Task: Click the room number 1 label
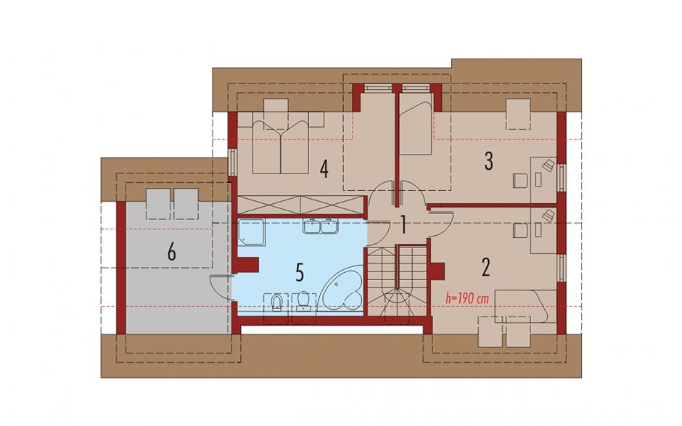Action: coord(403,226)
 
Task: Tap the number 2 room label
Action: coord(486,267)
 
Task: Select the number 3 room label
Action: coord(489,161)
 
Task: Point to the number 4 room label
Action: coord(324,169)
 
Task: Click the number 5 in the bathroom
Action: coord(299,272)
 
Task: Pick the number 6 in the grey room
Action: coord(172,252)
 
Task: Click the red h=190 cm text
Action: coord(467,299)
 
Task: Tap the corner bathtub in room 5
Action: coord(341,289)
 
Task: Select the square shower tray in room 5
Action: coord(252,232)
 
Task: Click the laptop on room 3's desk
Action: coord(549,165)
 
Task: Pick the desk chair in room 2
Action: coord(519,230)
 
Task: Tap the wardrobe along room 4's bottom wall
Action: coord(300,205)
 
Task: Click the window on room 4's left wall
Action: coord(232,163)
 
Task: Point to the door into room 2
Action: coord(441,224)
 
